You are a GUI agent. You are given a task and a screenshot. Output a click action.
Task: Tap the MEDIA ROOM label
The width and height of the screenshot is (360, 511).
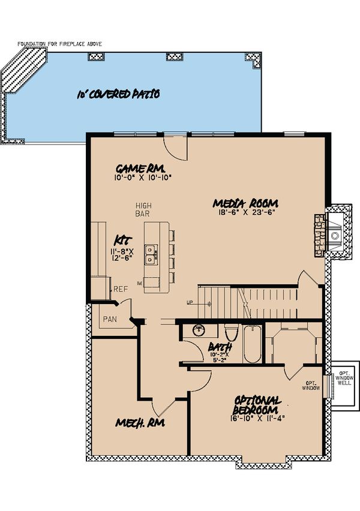[x=246, y=203]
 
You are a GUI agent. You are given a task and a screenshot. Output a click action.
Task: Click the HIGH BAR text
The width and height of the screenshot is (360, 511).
[x=142, y=209]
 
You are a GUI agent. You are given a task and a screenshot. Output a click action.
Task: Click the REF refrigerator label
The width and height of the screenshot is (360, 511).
[x=121, y=289]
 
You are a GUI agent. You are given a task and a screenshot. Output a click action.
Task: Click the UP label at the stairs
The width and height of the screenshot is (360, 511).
[x=190, y=302]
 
